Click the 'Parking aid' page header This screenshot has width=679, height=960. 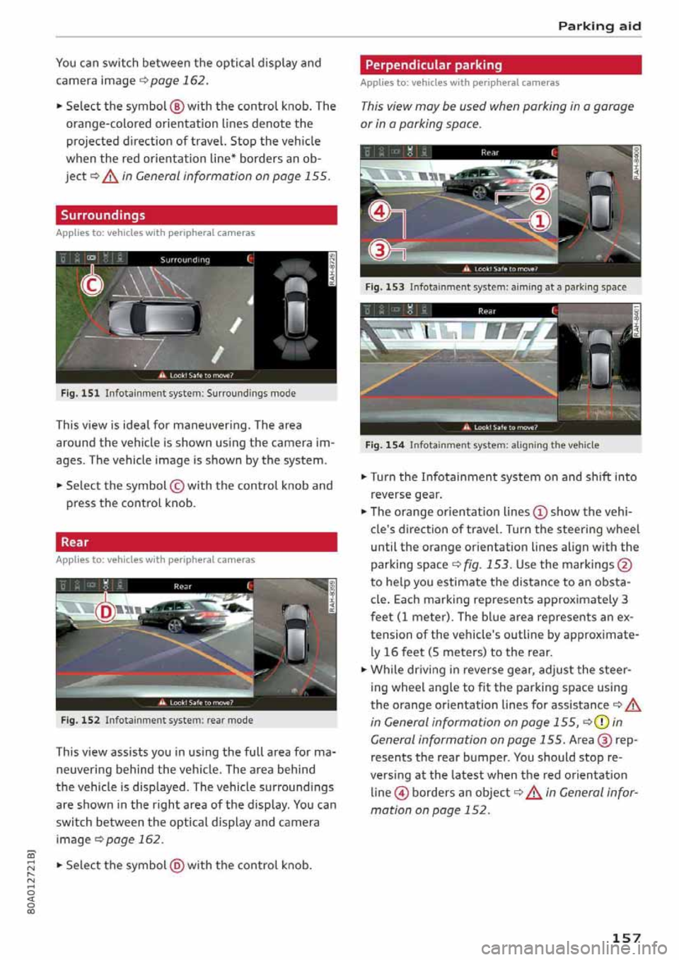598,26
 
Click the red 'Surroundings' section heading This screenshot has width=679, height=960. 103,215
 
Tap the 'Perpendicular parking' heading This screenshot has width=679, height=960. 434,65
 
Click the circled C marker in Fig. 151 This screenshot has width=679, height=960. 91,284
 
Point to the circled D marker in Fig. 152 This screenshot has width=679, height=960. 105,611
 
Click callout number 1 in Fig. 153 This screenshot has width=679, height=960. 540,222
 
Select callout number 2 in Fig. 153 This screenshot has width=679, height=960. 540,194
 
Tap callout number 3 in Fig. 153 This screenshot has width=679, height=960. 380,250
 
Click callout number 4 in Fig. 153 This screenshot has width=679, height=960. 380,211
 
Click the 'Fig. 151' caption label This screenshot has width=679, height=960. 80,393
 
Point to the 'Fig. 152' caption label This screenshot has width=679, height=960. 80,720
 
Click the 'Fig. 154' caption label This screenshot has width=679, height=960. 385,445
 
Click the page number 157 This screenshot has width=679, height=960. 625,938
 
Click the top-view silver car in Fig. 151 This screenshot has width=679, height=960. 151,316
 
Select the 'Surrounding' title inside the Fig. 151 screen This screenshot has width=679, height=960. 185,260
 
